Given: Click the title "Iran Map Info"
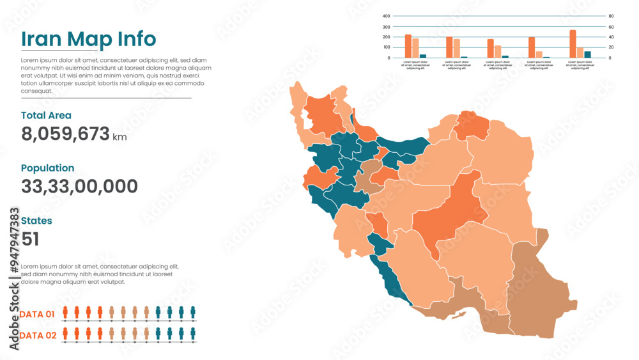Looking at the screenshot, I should (x=88, y=39).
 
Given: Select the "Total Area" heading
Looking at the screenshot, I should (x=46, y=116).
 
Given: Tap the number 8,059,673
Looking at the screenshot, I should (x=66, y=134).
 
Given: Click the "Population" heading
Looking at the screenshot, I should (x=47, y=168).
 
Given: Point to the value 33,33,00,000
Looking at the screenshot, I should (x=79, y=187).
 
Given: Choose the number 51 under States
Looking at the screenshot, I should (x=30, y=239).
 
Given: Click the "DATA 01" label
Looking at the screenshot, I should (x=37, y=314).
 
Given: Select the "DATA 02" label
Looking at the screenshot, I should (x=37, y=335).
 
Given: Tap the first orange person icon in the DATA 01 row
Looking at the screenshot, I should (x=65, y=312).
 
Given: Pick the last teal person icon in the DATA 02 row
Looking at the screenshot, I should (x=192, y=334).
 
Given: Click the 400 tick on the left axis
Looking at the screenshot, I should (x=386, y=16).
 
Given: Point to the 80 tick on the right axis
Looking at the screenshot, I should (x=611, y=16).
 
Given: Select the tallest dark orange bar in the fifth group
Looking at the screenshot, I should (x=573, y=44).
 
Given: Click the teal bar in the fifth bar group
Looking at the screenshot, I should (x=588, y=54).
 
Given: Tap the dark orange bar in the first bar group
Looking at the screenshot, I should (x=408, y=46).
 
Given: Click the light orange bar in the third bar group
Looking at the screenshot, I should (x=498, y=52).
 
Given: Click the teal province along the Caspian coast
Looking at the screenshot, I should (x=403, y=146).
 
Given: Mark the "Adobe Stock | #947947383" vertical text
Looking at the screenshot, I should (x=14, y=278).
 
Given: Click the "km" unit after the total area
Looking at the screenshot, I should (x=119, y=137).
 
